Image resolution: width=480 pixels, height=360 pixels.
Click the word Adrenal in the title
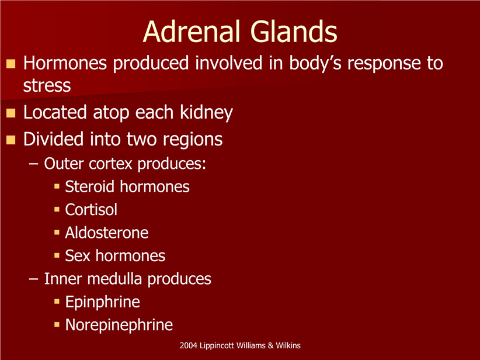(192, 32)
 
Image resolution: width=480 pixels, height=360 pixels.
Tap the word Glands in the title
(294, 32)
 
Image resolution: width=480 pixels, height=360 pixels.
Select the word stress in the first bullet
(47, 85)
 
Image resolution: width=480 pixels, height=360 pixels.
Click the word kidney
(206, 113)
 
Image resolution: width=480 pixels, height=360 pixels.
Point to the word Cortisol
(91, 210)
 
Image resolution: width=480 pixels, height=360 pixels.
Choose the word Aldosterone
(106, 233)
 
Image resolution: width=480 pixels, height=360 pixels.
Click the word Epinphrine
(103, 302)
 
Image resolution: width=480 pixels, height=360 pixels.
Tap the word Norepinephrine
(119, 326)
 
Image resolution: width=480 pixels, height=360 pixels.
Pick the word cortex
(110, 164)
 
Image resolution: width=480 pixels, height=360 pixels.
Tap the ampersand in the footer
(270, 345)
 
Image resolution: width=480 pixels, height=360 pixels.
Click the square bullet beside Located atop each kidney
(11, 113)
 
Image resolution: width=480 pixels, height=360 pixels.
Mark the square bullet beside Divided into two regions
(11, 140)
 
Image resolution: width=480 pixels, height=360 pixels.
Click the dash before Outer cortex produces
(33, 164)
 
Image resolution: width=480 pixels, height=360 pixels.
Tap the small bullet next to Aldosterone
(57, 233)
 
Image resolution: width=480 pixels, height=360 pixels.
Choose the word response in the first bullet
(384, 64)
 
